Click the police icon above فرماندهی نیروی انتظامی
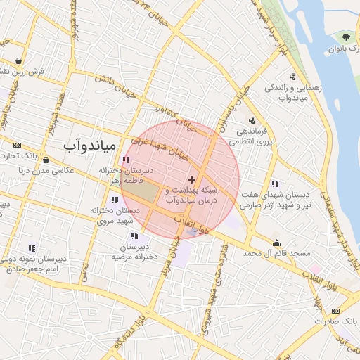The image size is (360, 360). (x=252, y=120)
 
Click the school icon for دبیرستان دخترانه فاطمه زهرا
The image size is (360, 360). (x=126, y=160)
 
